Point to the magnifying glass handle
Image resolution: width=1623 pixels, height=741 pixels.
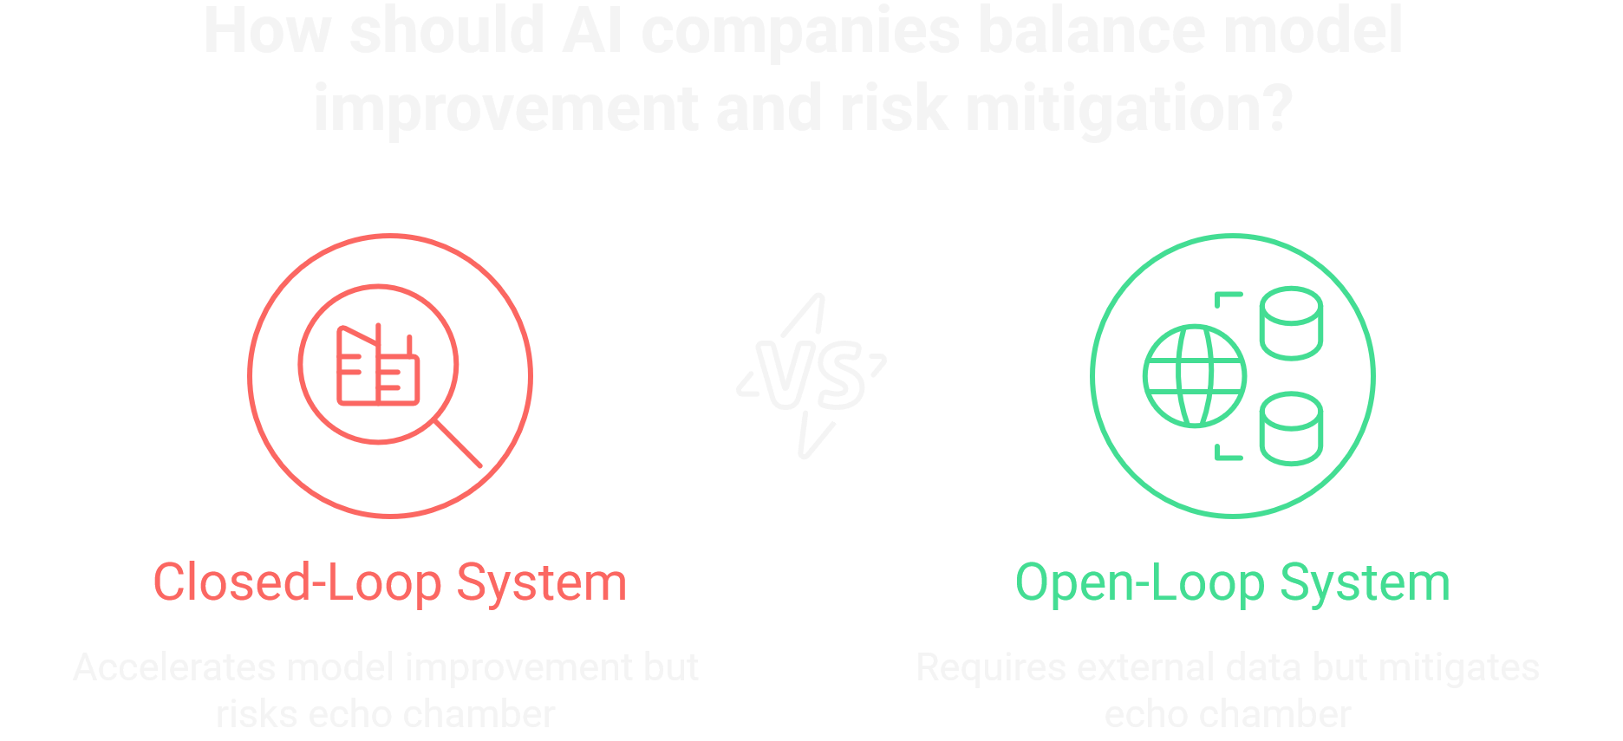[x=457, y=444]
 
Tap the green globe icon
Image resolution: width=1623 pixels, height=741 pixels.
[x=1194, y=376]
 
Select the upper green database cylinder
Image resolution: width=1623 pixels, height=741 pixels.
[x=1290, y=322]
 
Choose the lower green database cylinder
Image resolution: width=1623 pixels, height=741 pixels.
[x=1290, y=428]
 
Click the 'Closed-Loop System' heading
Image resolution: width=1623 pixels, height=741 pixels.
[x=389, y=582]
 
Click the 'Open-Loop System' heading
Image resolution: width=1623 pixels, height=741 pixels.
[x=1232, y=582]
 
